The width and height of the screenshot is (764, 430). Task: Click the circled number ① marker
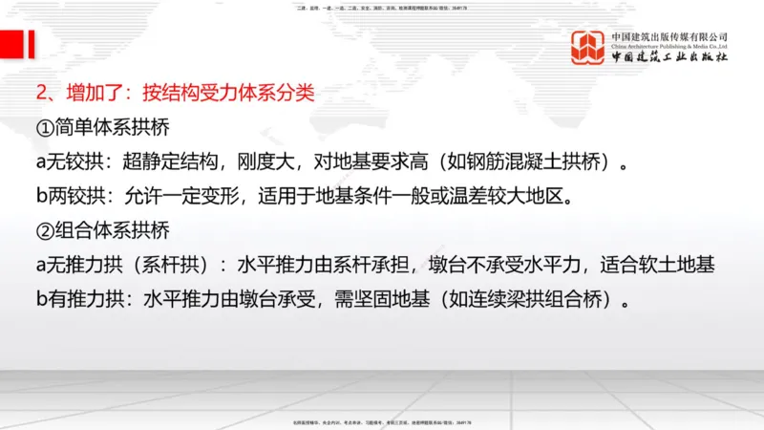tap(45, 127)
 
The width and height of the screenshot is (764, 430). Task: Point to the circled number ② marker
tap(45, 231)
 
